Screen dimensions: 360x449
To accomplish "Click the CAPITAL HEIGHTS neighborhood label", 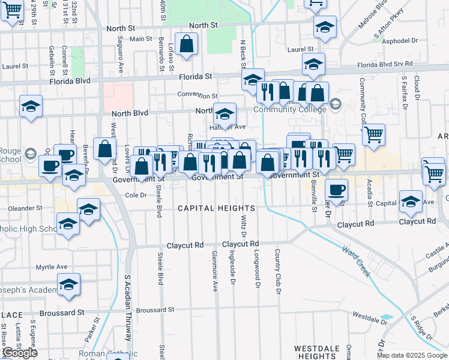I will pyautogui.click(x=216, y=208).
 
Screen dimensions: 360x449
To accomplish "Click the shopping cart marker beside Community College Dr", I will pyautogui.click(x=373, y=134).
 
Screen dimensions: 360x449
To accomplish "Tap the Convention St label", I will pyautogui.click(x=197, y=95).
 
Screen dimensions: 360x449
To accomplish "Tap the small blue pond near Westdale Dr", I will pyautogui.click(x=387, y=317).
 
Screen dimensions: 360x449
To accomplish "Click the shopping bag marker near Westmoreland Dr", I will pyautogui.click(x=104, y=149).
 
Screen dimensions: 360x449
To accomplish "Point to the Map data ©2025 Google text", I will pyautogui.click(x=412, y=355).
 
